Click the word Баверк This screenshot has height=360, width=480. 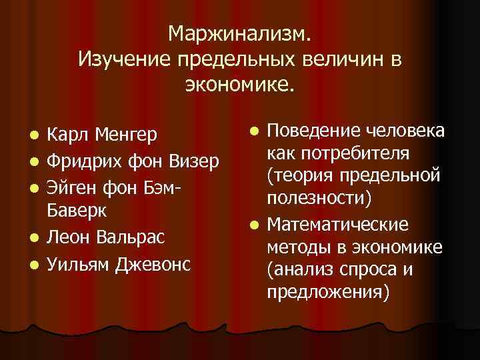77,211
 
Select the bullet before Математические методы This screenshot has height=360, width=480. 251,225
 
